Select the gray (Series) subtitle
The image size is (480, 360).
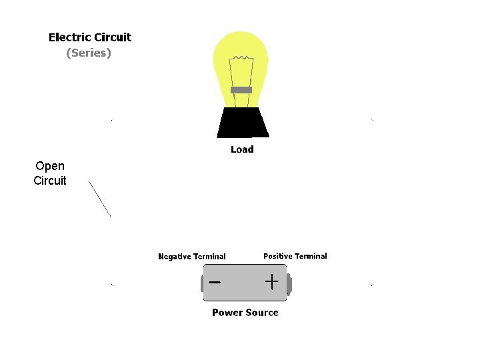pyautogui.click(x=89, y=53)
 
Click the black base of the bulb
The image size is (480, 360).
pyautogui.click(x=243, y=123)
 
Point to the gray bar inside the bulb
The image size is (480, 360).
pyautogui.click(x=241, y=90)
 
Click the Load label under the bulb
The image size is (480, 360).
pyautogui.click(x=242, y=149)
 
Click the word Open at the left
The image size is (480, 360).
pyautogui.click(x=50, y=166)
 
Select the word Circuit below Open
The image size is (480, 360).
pyautogui.click(x=50, y=181)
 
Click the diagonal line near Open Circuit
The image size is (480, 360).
pyautogui.click(x=99, y=198)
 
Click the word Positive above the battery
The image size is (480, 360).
pyautogui.click(x=277, y=256)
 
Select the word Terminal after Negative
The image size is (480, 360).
pyautogui.click(x=210, y=257)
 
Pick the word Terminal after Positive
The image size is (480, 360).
pyautogui.click(x=311, y=256)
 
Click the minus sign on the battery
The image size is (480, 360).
pyautogui.click(x=215, y=282)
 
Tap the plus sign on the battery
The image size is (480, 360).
pyautogui.click(x=271, y=282)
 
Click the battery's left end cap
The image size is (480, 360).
pyautogui.click(x=202, y=285)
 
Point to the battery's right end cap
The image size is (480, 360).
pyautogui.click(x=289, y=285)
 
